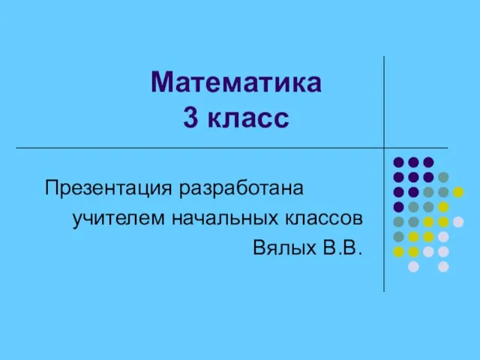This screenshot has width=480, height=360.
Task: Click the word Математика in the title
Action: pyautogui.click(x=236, y=82)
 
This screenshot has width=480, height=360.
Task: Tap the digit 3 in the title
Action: pyautogui.click(x=190, y=118)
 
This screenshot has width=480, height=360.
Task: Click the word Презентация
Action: pyautogui.click(x=108, y=187)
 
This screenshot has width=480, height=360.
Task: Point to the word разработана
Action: pyautogui.click(x=241, y=189)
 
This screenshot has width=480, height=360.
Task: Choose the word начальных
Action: pyautogui.click(x=225, y=218)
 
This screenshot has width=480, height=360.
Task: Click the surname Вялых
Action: pyautogui.click(x=285, y=247)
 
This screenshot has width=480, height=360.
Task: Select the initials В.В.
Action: pyautogui.click(x=343, y=247)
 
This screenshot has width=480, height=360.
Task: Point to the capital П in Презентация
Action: pyautogui.click(x=52, y=187)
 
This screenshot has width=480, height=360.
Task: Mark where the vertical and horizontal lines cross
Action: pyautogui.click(x=384, y=148)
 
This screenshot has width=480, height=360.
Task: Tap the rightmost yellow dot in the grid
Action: pyautogui.click(x=458, y=192)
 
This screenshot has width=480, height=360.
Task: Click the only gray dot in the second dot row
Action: pyautogui.click(x=443, y=177)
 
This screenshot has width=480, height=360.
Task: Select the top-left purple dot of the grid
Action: pyautogui.click(x=398, y=162)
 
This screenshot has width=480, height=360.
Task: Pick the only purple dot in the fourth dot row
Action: pyautogui.click(x=398, y=207)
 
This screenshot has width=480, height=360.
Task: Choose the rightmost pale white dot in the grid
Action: pyautogui.click(x=458, y=222)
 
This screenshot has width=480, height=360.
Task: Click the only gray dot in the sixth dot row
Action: pyautogui.click(x=398, y=237)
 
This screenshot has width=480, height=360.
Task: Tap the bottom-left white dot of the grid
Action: pyautogui.click(x=413, y=267)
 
